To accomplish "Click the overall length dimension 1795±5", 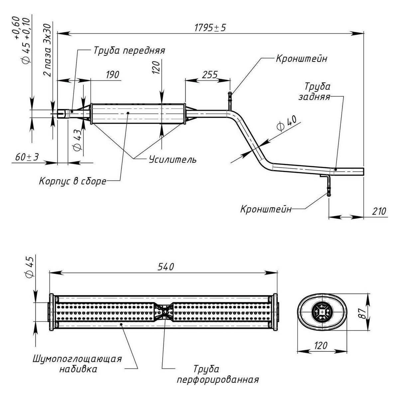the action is click(x=210, y=28).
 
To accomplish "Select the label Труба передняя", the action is click(x=129, y=50).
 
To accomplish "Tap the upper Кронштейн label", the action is click(x=302, y=59).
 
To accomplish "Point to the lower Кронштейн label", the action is click(x=266, y=209).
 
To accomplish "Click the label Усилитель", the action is click(x=173, y=160).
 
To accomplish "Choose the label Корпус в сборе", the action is click(x=73, y=181).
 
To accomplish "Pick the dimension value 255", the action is click(x=210, y=74).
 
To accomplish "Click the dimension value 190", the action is click(x=113, y=74).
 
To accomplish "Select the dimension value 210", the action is click(x=379, y=211).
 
